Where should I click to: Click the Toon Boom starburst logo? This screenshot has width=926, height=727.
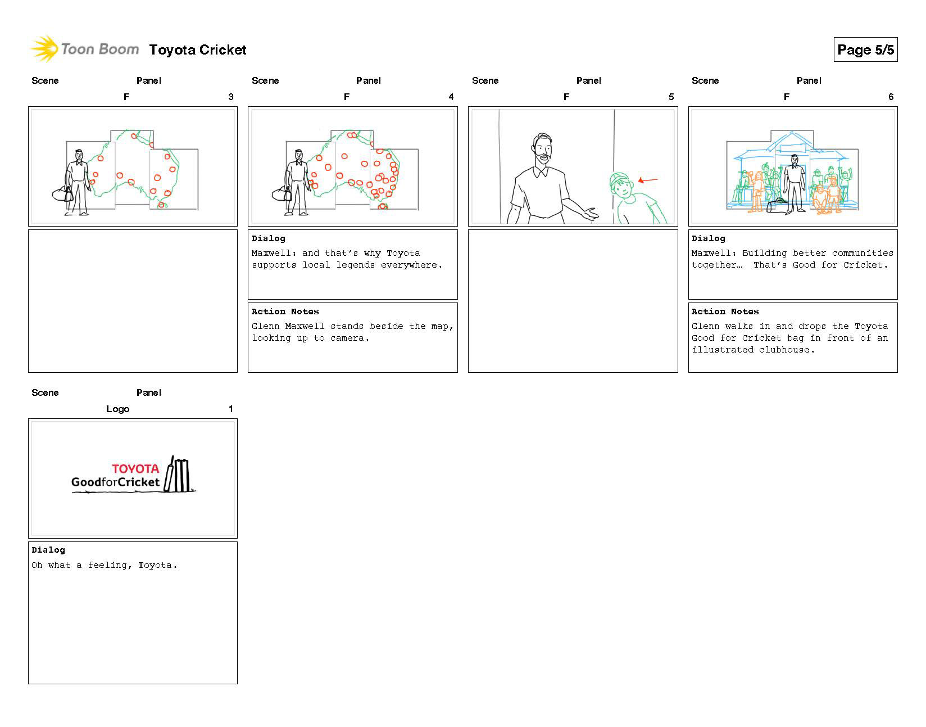(x=44, y=49)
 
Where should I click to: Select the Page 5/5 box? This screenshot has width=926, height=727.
(x=865, y=50)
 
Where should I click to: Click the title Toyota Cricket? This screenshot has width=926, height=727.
(x=198, y=50)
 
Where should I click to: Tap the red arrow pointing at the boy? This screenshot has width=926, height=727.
(x=648, y=180)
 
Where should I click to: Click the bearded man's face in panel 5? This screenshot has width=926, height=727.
(x=542, y=151)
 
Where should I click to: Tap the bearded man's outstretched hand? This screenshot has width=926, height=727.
(x=590, y=214)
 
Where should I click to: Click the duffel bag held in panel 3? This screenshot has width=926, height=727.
(x=62, y=195)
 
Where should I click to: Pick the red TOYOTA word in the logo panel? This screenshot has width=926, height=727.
(x=135, y=468)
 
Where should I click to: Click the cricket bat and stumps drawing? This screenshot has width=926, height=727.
(x=179, y=475)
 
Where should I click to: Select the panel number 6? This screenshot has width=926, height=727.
(x=891, y=97)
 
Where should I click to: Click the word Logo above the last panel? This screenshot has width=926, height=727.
(x=117, y=409)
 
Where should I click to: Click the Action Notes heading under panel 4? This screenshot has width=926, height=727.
(x=285, y=311)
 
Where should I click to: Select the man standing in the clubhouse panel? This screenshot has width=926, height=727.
(x=794, y=181)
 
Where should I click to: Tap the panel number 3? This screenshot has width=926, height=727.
(x=230, y=97)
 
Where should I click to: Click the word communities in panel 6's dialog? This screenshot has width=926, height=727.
(x=863, y=253)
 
